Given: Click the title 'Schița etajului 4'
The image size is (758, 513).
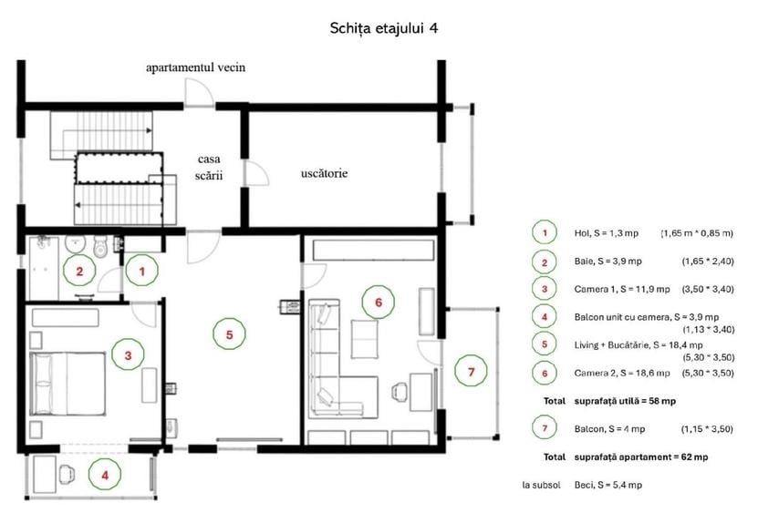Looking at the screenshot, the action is click(x=384, y=28).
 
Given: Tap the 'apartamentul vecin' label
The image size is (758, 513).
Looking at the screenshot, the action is click(x=196, y=67).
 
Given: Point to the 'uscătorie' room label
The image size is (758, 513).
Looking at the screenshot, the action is click(x=324, y=173).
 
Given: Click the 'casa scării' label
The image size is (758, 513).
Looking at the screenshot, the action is click(x=209, y=167).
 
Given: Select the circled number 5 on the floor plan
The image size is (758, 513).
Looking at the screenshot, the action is click(x=229, y=334).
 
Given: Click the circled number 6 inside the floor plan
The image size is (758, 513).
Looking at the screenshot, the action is click(x=379, y=302).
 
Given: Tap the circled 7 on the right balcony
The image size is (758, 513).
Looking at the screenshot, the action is click(x=471, y=372).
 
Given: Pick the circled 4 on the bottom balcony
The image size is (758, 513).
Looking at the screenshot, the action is click(x=105, y=475).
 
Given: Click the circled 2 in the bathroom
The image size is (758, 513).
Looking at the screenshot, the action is click(x=79, y=271).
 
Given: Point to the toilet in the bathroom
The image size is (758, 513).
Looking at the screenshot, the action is click(x=100, y=246).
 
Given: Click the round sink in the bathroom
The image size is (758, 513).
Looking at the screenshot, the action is click(x=75, y=244).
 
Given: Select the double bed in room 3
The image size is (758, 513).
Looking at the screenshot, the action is click(x=67, y=384).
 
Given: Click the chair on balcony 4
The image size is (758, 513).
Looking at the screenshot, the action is click(x=67, y=475).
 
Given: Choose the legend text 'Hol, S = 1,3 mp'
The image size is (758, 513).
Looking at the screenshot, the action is click(x=607, y=233).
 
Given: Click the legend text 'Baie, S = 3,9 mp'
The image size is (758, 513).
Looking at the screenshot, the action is click(x=607, y=262).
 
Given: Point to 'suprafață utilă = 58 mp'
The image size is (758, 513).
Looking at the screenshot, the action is click(x=625, y=401).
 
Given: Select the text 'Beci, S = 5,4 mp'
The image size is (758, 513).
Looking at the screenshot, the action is click(x=608, y=485).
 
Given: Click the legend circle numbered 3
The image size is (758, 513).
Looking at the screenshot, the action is click(x=545, y=289).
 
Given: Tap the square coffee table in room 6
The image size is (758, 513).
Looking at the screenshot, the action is click(x=365, y=339).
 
